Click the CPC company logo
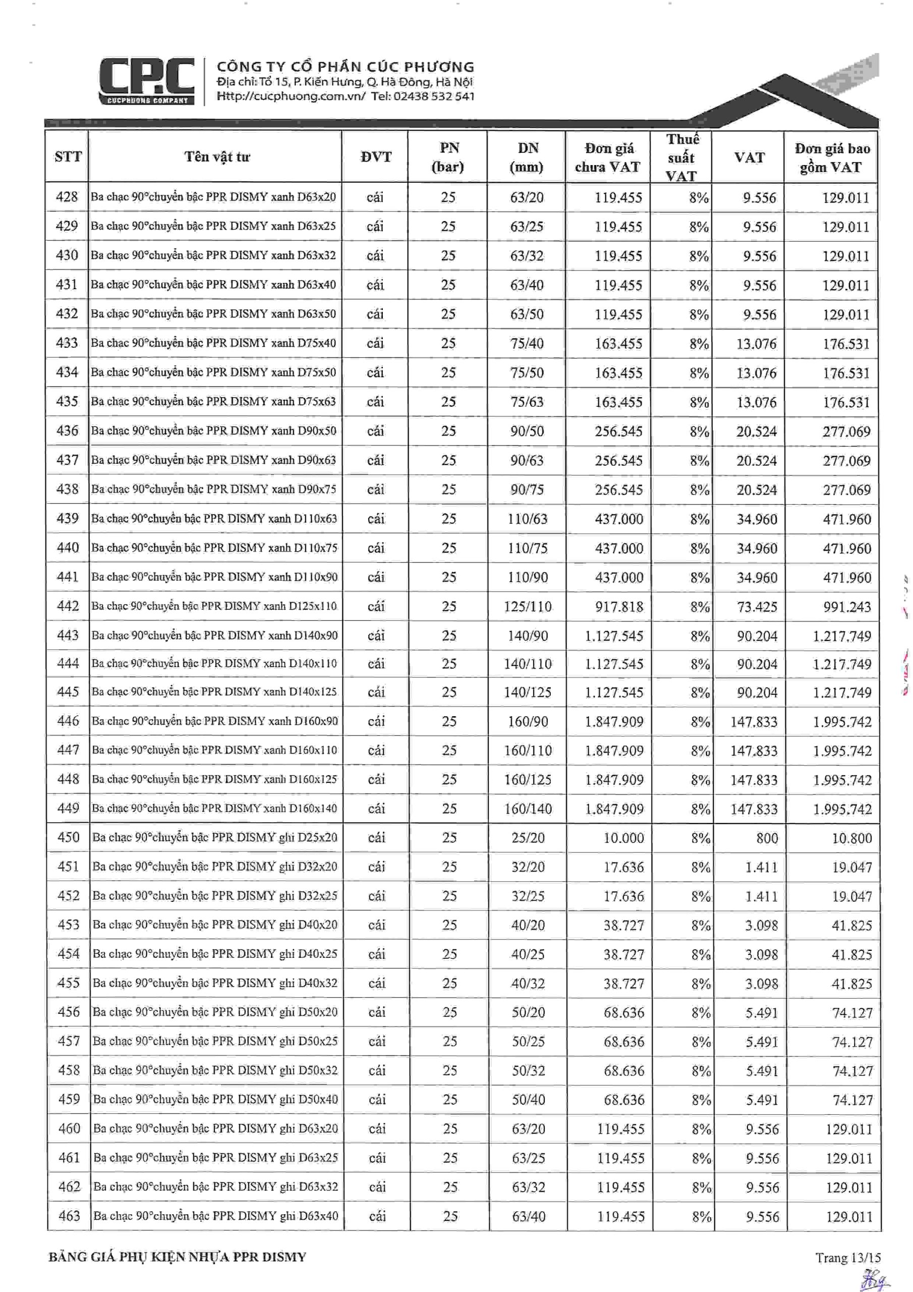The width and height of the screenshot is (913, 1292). [x=147, y=81]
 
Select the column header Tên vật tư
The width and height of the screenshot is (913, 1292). [x=216, y=157]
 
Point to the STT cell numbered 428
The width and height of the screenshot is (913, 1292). [x=67, y=197]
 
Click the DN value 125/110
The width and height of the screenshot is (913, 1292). [x=527, y=606]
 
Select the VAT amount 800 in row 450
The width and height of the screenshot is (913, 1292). [x=767, y=838]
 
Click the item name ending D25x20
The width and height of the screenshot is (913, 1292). [x=214, y=837]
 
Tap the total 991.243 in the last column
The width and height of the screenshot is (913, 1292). [x=846, y=607]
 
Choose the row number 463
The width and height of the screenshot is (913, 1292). [x=69, y=1215]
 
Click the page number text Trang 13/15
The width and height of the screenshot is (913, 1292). [x=848, y=1258]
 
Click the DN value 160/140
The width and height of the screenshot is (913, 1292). [x=528, y=809]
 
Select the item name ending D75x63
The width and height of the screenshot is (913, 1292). [x=213, y=401]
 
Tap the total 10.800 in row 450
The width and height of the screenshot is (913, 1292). [x=851, y=838]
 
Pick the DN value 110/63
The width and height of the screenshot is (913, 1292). [x=527, y=519]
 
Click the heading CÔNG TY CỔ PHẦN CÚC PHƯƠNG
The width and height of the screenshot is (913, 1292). [x=346, y=67]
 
